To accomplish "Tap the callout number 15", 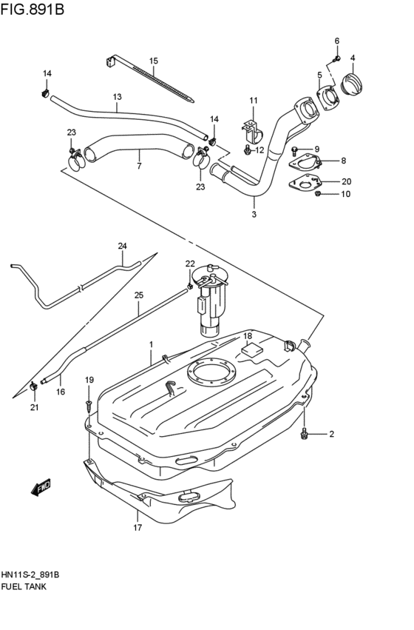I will (154, 61).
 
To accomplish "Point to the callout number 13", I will (117, 97).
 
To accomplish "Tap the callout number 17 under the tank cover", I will (137, 529).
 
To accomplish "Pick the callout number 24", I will (123, 246).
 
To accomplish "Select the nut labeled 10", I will (317, 194).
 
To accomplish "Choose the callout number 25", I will (138, 295).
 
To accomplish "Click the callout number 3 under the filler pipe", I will (254, 215).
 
